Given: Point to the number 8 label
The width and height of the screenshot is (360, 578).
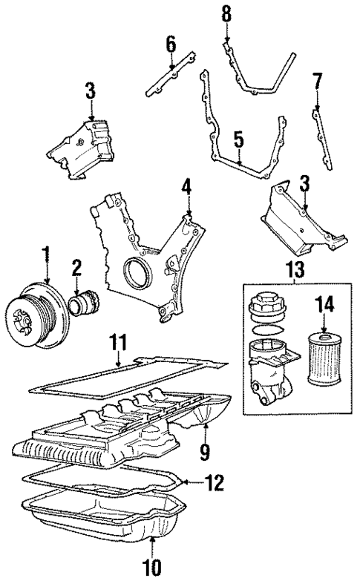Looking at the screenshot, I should (226, 13).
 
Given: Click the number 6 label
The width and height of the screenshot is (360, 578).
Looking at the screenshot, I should (171, 45).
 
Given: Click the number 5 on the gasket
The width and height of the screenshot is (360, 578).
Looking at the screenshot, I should (238, 138).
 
